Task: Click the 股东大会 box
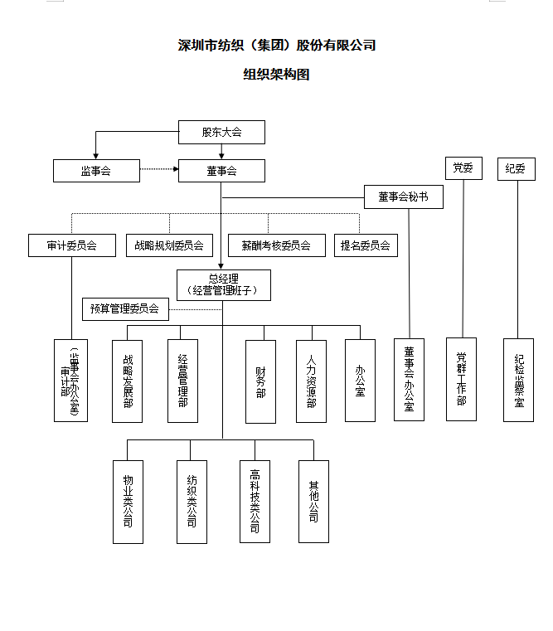point(221,132)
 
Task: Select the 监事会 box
point(96,171)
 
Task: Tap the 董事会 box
point(221,171)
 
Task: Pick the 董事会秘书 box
point(404,197)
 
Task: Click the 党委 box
point(463,168)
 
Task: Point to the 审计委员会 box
point(71,245)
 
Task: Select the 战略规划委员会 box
point(169,245)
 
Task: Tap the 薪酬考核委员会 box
point(276,245)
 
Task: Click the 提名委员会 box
point(365,245)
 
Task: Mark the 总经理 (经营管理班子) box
point(223,284)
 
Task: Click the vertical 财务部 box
point(260,381)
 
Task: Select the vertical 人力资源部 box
point(311,381)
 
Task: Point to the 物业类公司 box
point(128,501)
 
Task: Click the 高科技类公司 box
point(255,501)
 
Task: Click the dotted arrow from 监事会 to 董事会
point(158,171)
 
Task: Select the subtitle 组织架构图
point(276,75)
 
